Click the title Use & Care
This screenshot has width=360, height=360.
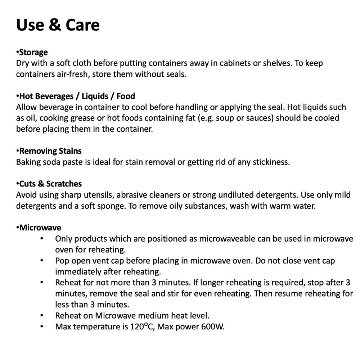coord(58,25)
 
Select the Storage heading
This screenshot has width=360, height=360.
coord(33,53)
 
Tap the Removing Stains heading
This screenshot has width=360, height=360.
coord(50,151)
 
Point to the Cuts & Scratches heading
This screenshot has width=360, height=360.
coord(50,184)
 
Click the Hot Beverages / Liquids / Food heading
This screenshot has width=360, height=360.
coord(77,96)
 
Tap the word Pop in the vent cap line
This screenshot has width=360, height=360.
coord(62,261)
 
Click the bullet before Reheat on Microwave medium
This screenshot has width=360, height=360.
coord(42,316)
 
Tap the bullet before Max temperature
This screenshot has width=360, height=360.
coord(42,327)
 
